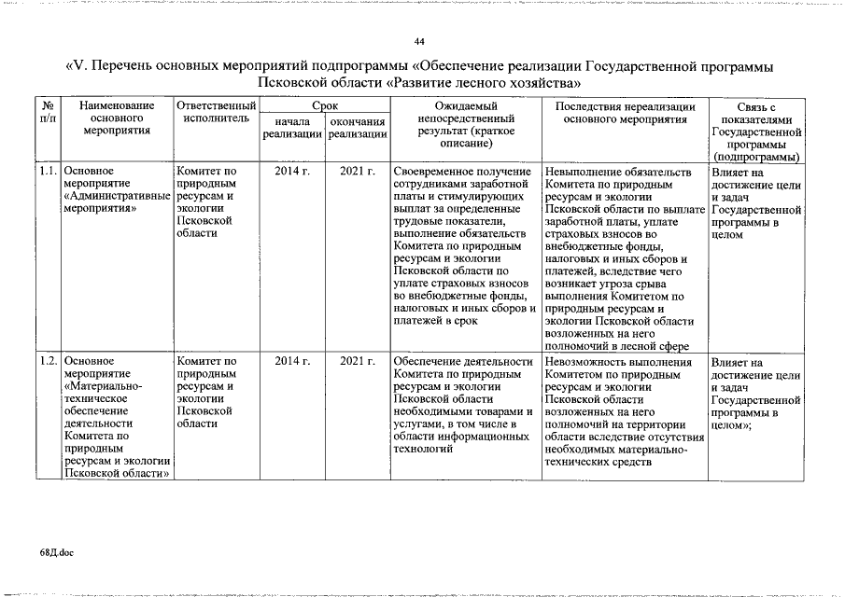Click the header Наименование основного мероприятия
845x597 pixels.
coord(116,119)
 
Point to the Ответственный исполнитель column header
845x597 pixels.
coord(216,113)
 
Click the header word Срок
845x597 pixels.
coord(325,107)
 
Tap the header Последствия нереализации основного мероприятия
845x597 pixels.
coord(625,113)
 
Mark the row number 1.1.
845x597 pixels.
coord(49,173)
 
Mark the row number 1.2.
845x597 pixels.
coord(49,361)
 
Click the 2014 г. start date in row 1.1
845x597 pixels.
coord(292,173)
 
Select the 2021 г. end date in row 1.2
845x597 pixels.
coord(358,361)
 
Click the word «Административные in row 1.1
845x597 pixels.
coord(118,197)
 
